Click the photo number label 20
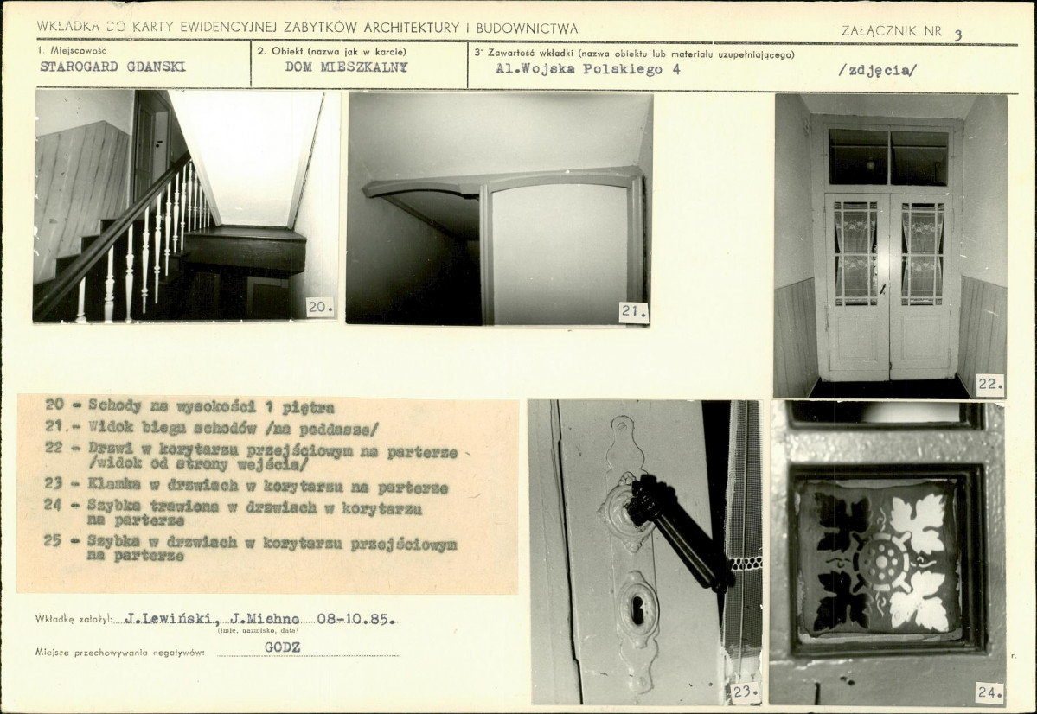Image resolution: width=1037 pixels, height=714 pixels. [x=321, y=308]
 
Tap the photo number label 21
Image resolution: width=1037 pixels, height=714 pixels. [x=634, y=312]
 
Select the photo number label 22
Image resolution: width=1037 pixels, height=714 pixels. [x=990, y=384]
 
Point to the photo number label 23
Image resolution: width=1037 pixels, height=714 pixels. [x=746, y=692]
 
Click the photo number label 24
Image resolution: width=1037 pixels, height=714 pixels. [x=989, y=692]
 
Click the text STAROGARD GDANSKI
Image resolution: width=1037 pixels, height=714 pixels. [x=113, y=67]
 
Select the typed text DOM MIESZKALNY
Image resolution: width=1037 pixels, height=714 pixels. [x=347, y=67]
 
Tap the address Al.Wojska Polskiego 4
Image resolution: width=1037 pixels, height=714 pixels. [x=588, y=69]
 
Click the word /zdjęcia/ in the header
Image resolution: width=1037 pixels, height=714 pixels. [x=878, y=70]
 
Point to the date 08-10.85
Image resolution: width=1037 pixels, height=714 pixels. [x=356, y=620]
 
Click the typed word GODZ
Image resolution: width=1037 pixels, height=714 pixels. [x=283, y=647]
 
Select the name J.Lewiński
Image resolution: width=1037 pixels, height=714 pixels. [x=171, y=619]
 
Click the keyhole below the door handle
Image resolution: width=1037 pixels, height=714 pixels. [x=637, y=610]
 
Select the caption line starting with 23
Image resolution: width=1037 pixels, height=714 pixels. [x=246, y=487]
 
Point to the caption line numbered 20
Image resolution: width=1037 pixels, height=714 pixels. [x=189, y=406]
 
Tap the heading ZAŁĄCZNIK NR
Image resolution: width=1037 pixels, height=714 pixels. [x=892, y=30]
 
